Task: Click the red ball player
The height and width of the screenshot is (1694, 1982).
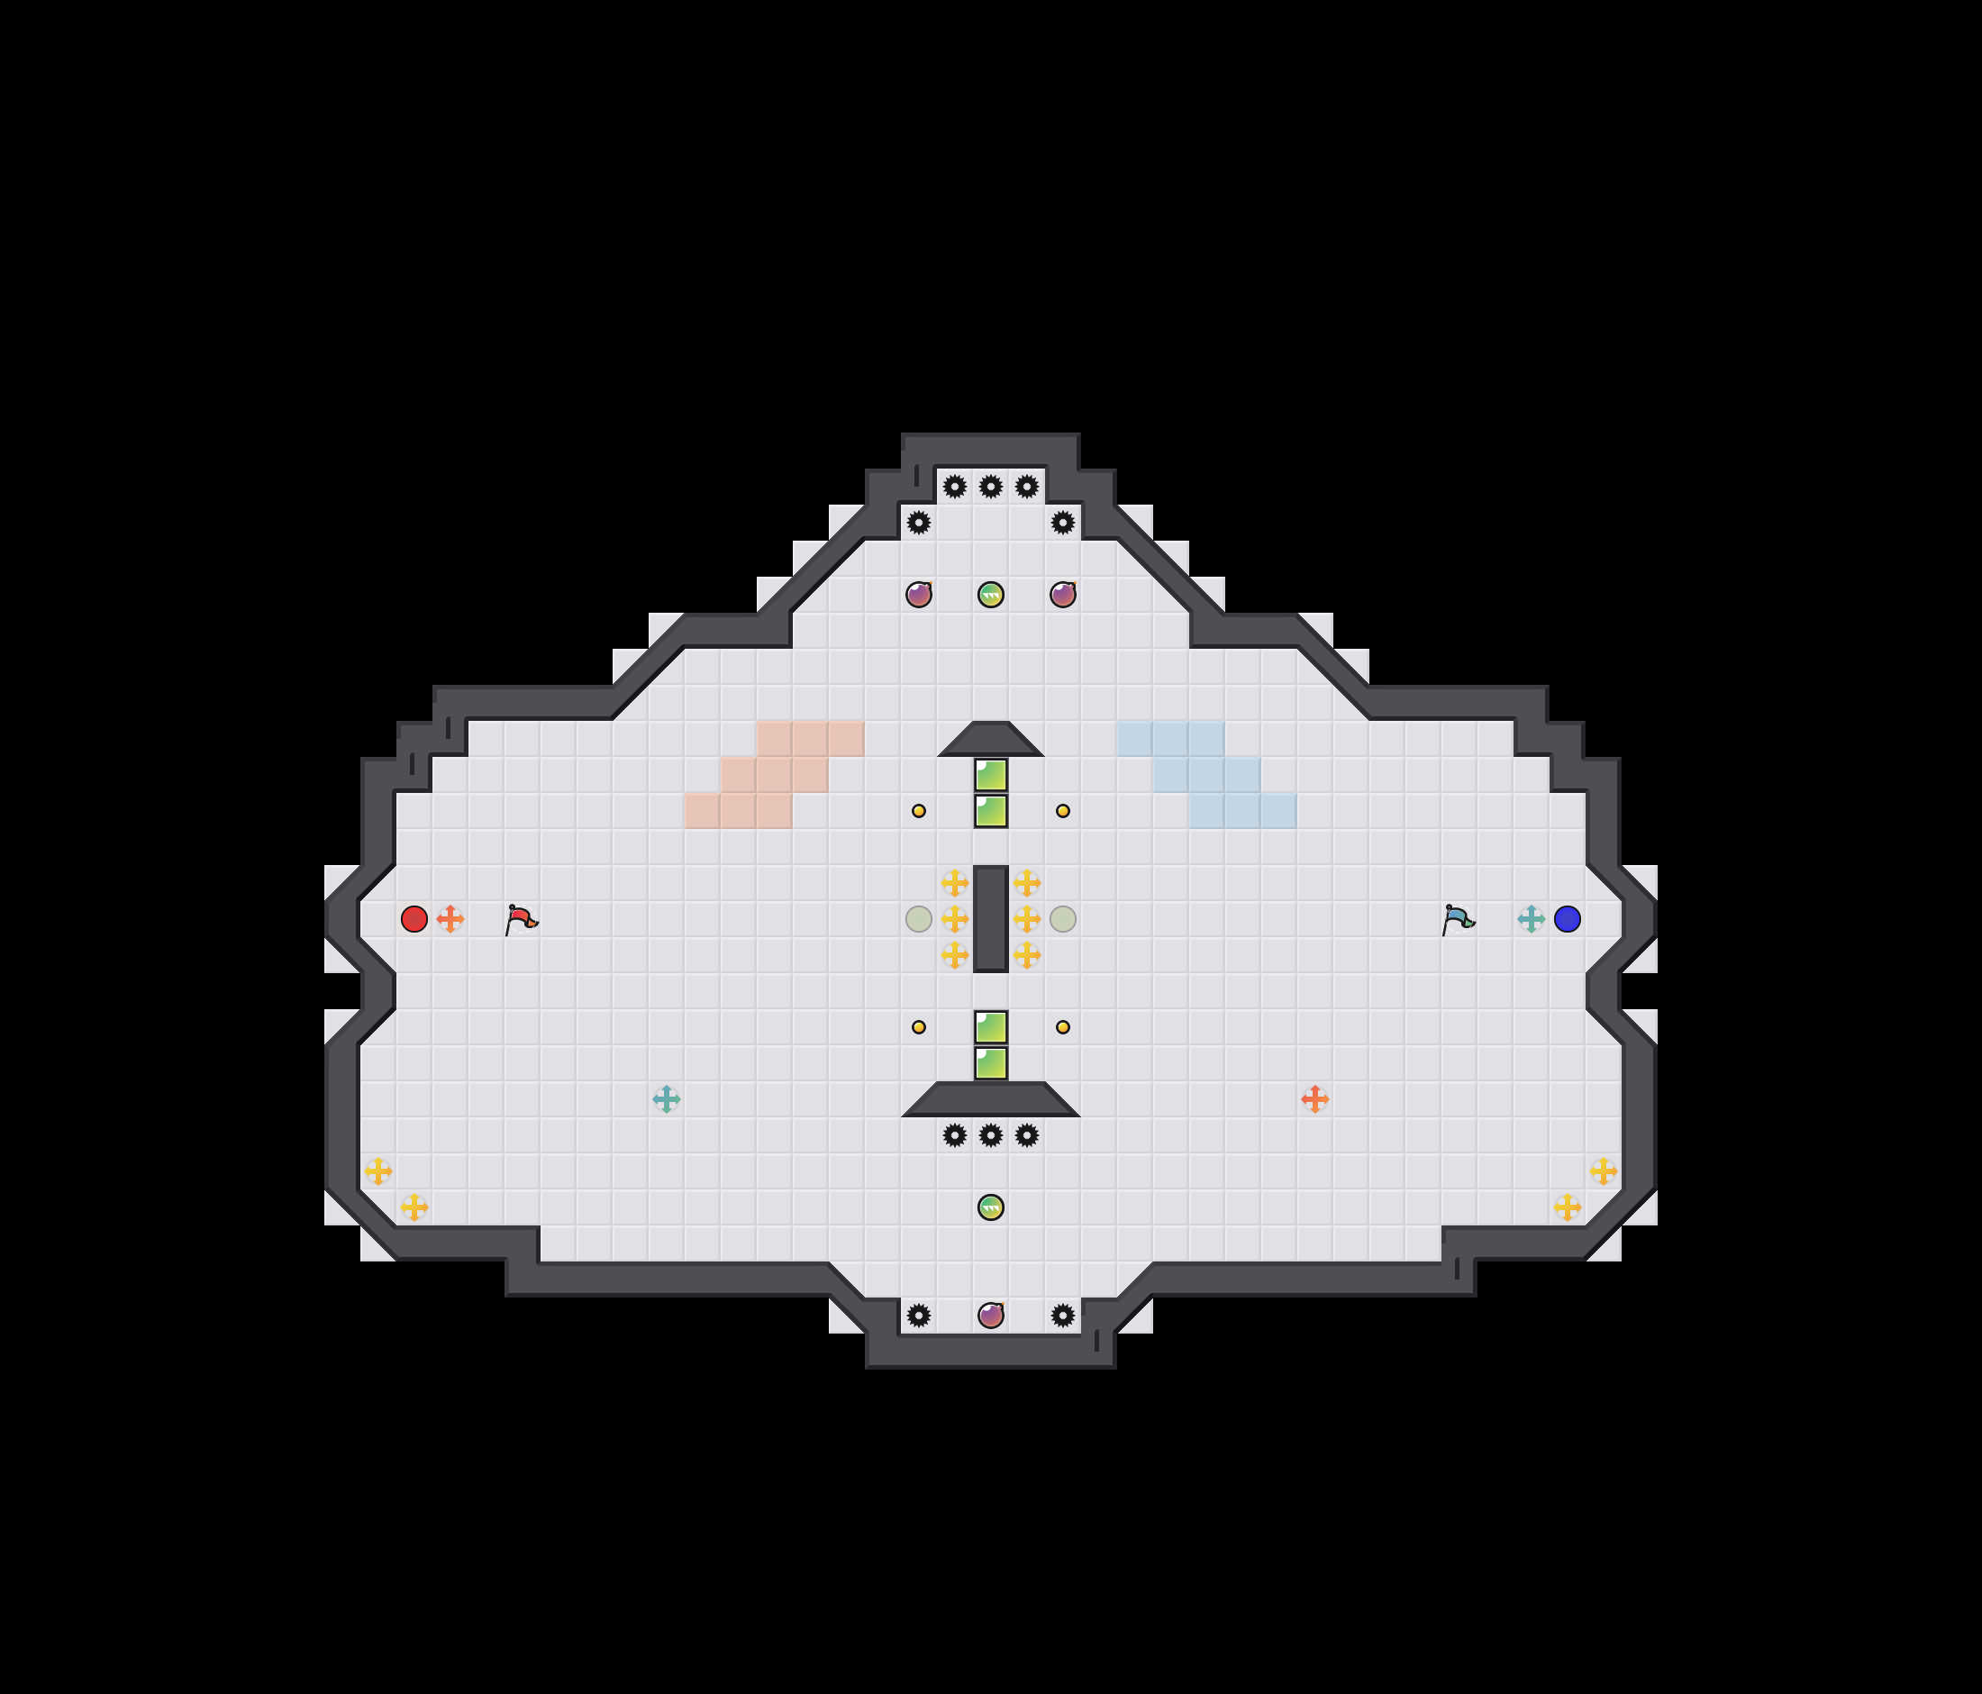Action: (x=414, y=919)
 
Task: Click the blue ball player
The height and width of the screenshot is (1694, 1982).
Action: (x=1567, y=919)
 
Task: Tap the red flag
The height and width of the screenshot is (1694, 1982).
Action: (x=521, y=919)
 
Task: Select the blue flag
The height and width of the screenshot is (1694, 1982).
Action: (x=1457, y=919)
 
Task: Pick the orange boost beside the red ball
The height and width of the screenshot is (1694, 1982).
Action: (x=450, y=919)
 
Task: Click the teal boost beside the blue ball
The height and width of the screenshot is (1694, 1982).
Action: (x=1531, y=919)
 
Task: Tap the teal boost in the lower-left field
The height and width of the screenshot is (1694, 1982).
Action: (x=666, y=1099)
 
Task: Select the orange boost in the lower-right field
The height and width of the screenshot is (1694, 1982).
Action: (x=1314, y=1099)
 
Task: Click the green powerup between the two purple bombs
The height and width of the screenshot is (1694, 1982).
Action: (x=991, y=595)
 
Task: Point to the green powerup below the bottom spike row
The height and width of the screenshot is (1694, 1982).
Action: (x=991, y=1207)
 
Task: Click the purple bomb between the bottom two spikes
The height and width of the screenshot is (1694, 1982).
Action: (x=991, y=1316)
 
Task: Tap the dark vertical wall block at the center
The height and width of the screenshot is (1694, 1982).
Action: (x=991, y=919)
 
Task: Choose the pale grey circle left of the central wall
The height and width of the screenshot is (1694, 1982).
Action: (x=918, y=919)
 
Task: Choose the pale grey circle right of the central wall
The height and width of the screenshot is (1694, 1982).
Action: (x=1063, y=919)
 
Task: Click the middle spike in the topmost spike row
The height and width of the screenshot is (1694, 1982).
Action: (x=991, y=487)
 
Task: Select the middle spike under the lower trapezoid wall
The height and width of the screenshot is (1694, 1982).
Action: (x=991, y=1135)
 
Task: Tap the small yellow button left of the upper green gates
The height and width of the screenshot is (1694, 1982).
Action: (x=918, y=811)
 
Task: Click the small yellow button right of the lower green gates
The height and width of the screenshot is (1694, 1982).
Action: (x=1063, y=1027)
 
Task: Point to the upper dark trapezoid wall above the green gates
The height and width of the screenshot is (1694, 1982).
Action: (x=991, y=741)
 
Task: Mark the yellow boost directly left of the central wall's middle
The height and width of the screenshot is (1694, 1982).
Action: (x=955, y=919)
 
